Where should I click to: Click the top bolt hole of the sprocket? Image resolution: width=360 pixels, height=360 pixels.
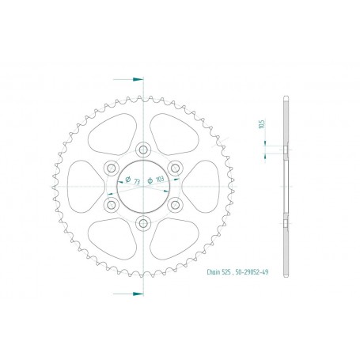tap(142, 149)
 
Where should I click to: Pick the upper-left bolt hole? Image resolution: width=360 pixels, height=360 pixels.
tap(110, 168)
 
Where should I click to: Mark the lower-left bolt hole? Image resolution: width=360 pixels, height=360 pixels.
tap(110, 205)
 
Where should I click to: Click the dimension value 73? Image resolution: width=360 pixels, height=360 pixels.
tap(137, 182)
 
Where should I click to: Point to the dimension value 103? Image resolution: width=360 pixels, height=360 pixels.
tap(161, 180)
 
